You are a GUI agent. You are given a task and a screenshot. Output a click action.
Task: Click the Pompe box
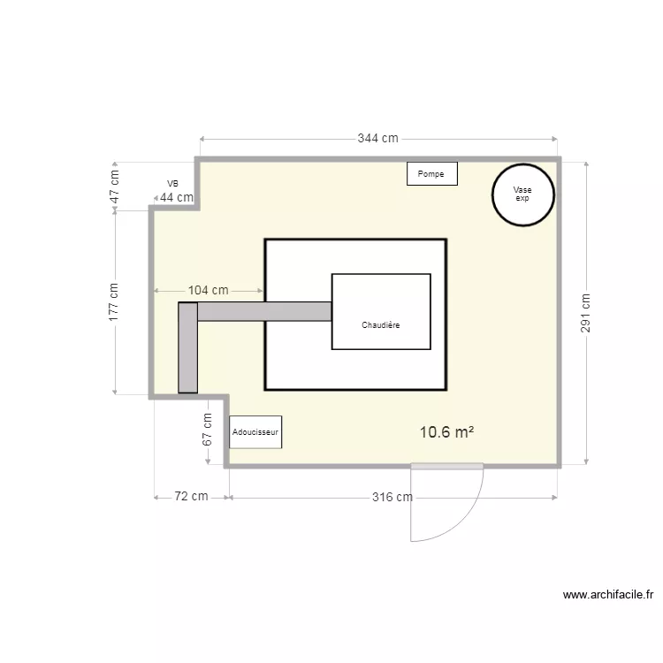pyautogui.click(x=431, y=174)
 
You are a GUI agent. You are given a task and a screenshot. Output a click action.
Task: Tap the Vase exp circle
pyautogui.click(x=522, y=194)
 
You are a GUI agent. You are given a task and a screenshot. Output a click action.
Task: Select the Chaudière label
pyautogui.click(x=381, y=325)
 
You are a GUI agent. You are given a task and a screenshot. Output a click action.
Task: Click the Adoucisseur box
pyautogui.click(x=255, y=432)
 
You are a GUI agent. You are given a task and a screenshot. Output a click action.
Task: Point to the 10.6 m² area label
pyautogui.click(x=446, y=432)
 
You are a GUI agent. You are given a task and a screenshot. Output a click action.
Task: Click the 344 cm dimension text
pyautogui.click(x=377, y=139)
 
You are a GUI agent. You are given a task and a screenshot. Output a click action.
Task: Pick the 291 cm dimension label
pyautogui.click(x=586, y=314)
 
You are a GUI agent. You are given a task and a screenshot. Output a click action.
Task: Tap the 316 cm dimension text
pyautogui.click(x=391, y=497)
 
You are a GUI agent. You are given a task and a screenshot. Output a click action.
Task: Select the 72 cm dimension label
pyautogui.click(x=191, y=497)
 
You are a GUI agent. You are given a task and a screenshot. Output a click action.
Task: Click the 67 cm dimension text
pyautogui.click(x=208, y=428)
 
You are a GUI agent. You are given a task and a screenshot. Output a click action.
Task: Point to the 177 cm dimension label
pyautogui.click(x=114, y=301)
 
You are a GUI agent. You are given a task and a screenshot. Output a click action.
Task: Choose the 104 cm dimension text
pyautogui.click(x=209, y=290)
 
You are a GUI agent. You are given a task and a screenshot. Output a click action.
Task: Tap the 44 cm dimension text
pyautogui.click(x=177, y=197)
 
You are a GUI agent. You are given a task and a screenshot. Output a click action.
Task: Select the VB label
pyautogui.click(x=172, y=184)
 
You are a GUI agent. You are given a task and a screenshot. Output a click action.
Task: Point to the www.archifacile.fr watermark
pyautogui.click(x=606, y=595)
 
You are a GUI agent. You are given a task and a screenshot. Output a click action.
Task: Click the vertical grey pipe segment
pyautogui.click(x=187, y=347)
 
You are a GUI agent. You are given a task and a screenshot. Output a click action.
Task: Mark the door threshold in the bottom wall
pyautogui.click(x=447, y=466)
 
